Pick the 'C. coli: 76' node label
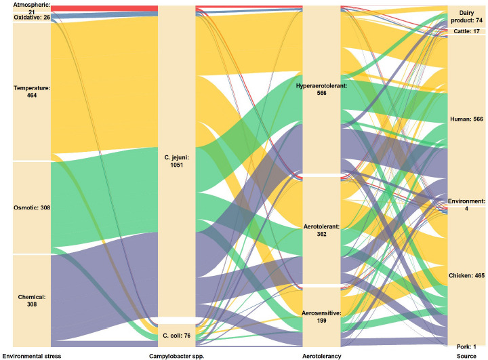[x=176, y=335]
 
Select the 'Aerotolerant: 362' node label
[x=321, y=230]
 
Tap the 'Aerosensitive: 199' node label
[x=321, y=317]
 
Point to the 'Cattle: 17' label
[x=466, y=32]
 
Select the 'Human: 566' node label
[x=466, y=119]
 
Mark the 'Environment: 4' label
[x=466, y=205]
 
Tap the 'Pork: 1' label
[x=466, y=346]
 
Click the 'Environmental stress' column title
[x=32, y=355]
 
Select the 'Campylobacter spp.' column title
[x=176, y=355]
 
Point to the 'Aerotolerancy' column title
[x=321, y=355]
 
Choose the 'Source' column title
[x=466, y=355]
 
